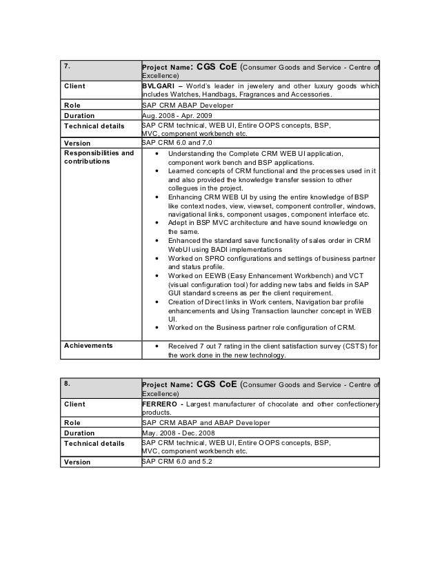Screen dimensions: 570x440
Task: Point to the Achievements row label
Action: [88, 345]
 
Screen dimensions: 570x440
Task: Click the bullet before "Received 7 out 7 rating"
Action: [160, 346]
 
